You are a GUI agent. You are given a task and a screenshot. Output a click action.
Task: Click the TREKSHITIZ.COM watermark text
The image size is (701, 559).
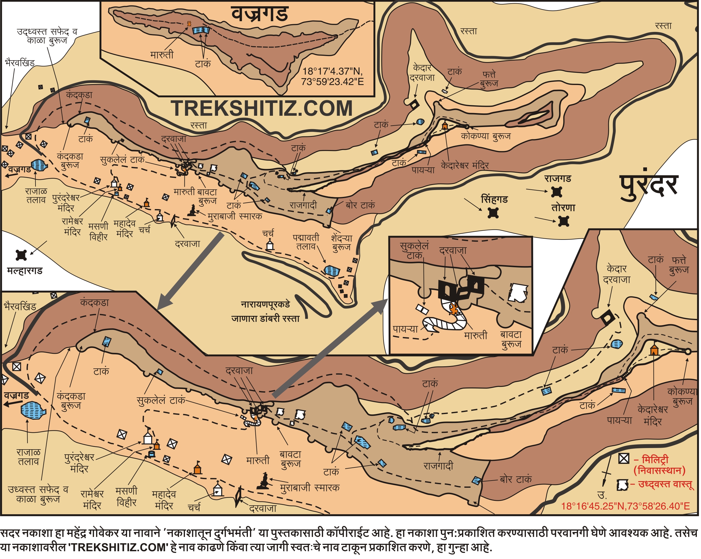click(262, 109)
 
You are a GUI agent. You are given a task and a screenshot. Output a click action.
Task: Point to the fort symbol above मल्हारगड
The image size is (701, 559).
click(21, 255)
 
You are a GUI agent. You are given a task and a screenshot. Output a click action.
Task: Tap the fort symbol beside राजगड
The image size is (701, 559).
click(557, 192)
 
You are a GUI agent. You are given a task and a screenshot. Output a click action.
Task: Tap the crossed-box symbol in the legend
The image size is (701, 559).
click(624, 459)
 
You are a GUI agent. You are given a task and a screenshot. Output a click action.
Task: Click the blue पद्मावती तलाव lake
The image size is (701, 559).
click(332, 271)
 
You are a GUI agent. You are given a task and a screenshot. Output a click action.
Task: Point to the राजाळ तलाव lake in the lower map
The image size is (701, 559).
click(33, 410)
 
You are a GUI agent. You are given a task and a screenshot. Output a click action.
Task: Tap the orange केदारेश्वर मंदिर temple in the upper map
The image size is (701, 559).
click(445, 126)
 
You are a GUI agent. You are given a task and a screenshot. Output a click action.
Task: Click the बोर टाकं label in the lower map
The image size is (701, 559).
click(516, 479)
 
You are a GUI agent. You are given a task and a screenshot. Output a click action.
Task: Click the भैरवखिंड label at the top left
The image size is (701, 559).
click(19, 63)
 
